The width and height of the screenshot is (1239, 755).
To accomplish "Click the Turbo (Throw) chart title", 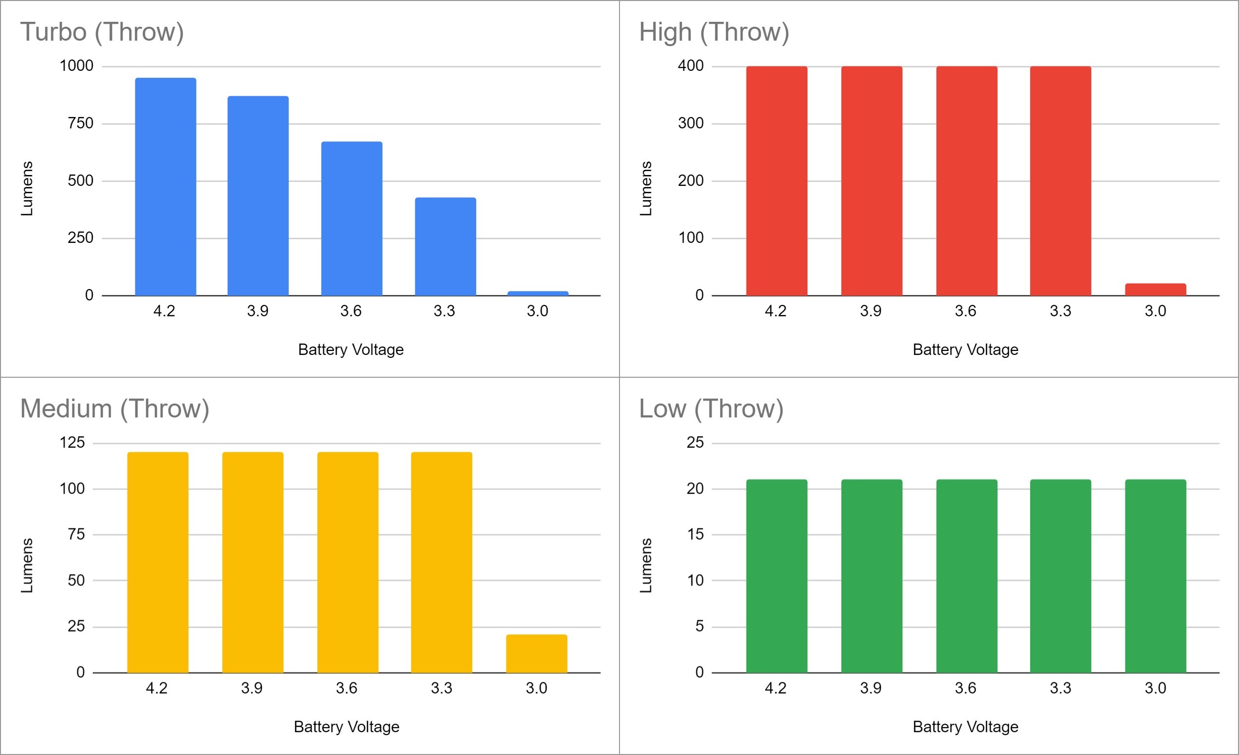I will (x=102, y=32).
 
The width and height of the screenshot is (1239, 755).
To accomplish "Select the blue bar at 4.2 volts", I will (x=166, y=186).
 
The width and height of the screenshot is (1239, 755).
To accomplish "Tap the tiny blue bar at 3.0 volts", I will (x=538, y=293).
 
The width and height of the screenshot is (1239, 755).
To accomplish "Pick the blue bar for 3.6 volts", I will (x=352, y=219).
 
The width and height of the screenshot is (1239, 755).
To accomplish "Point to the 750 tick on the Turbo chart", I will (x=80, y=123).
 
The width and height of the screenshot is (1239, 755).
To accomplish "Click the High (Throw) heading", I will (x=714, y=32).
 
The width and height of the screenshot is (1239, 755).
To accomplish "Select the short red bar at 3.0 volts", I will (x=1155, y=290).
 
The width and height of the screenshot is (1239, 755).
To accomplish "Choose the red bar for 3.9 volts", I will (x=871, y=181).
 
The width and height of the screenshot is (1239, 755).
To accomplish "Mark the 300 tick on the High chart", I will (x=690, y=123).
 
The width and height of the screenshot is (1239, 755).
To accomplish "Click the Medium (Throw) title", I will (x=115, y=408).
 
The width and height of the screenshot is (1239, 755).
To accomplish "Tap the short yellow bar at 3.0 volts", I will (x=536, y=653).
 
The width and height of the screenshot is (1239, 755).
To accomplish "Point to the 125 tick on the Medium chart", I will (x=72, y=442).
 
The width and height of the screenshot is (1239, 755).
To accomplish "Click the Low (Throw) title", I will (x=711, y=408).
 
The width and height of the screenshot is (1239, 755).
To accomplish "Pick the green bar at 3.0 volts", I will (x=1155, y=576).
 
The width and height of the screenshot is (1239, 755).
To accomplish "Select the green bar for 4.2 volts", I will (x=776, y=576).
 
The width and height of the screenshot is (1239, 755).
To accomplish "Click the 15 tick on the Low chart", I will (x=695, y=534).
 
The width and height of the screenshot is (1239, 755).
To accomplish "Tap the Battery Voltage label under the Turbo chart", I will (x=351, y=349).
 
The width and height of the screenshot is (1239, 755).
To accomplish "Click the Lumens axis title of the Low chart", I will (x=646, y=565).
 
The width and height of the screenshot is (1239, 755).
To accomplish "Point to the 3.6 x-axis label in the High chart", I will (x=965, y=311).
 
